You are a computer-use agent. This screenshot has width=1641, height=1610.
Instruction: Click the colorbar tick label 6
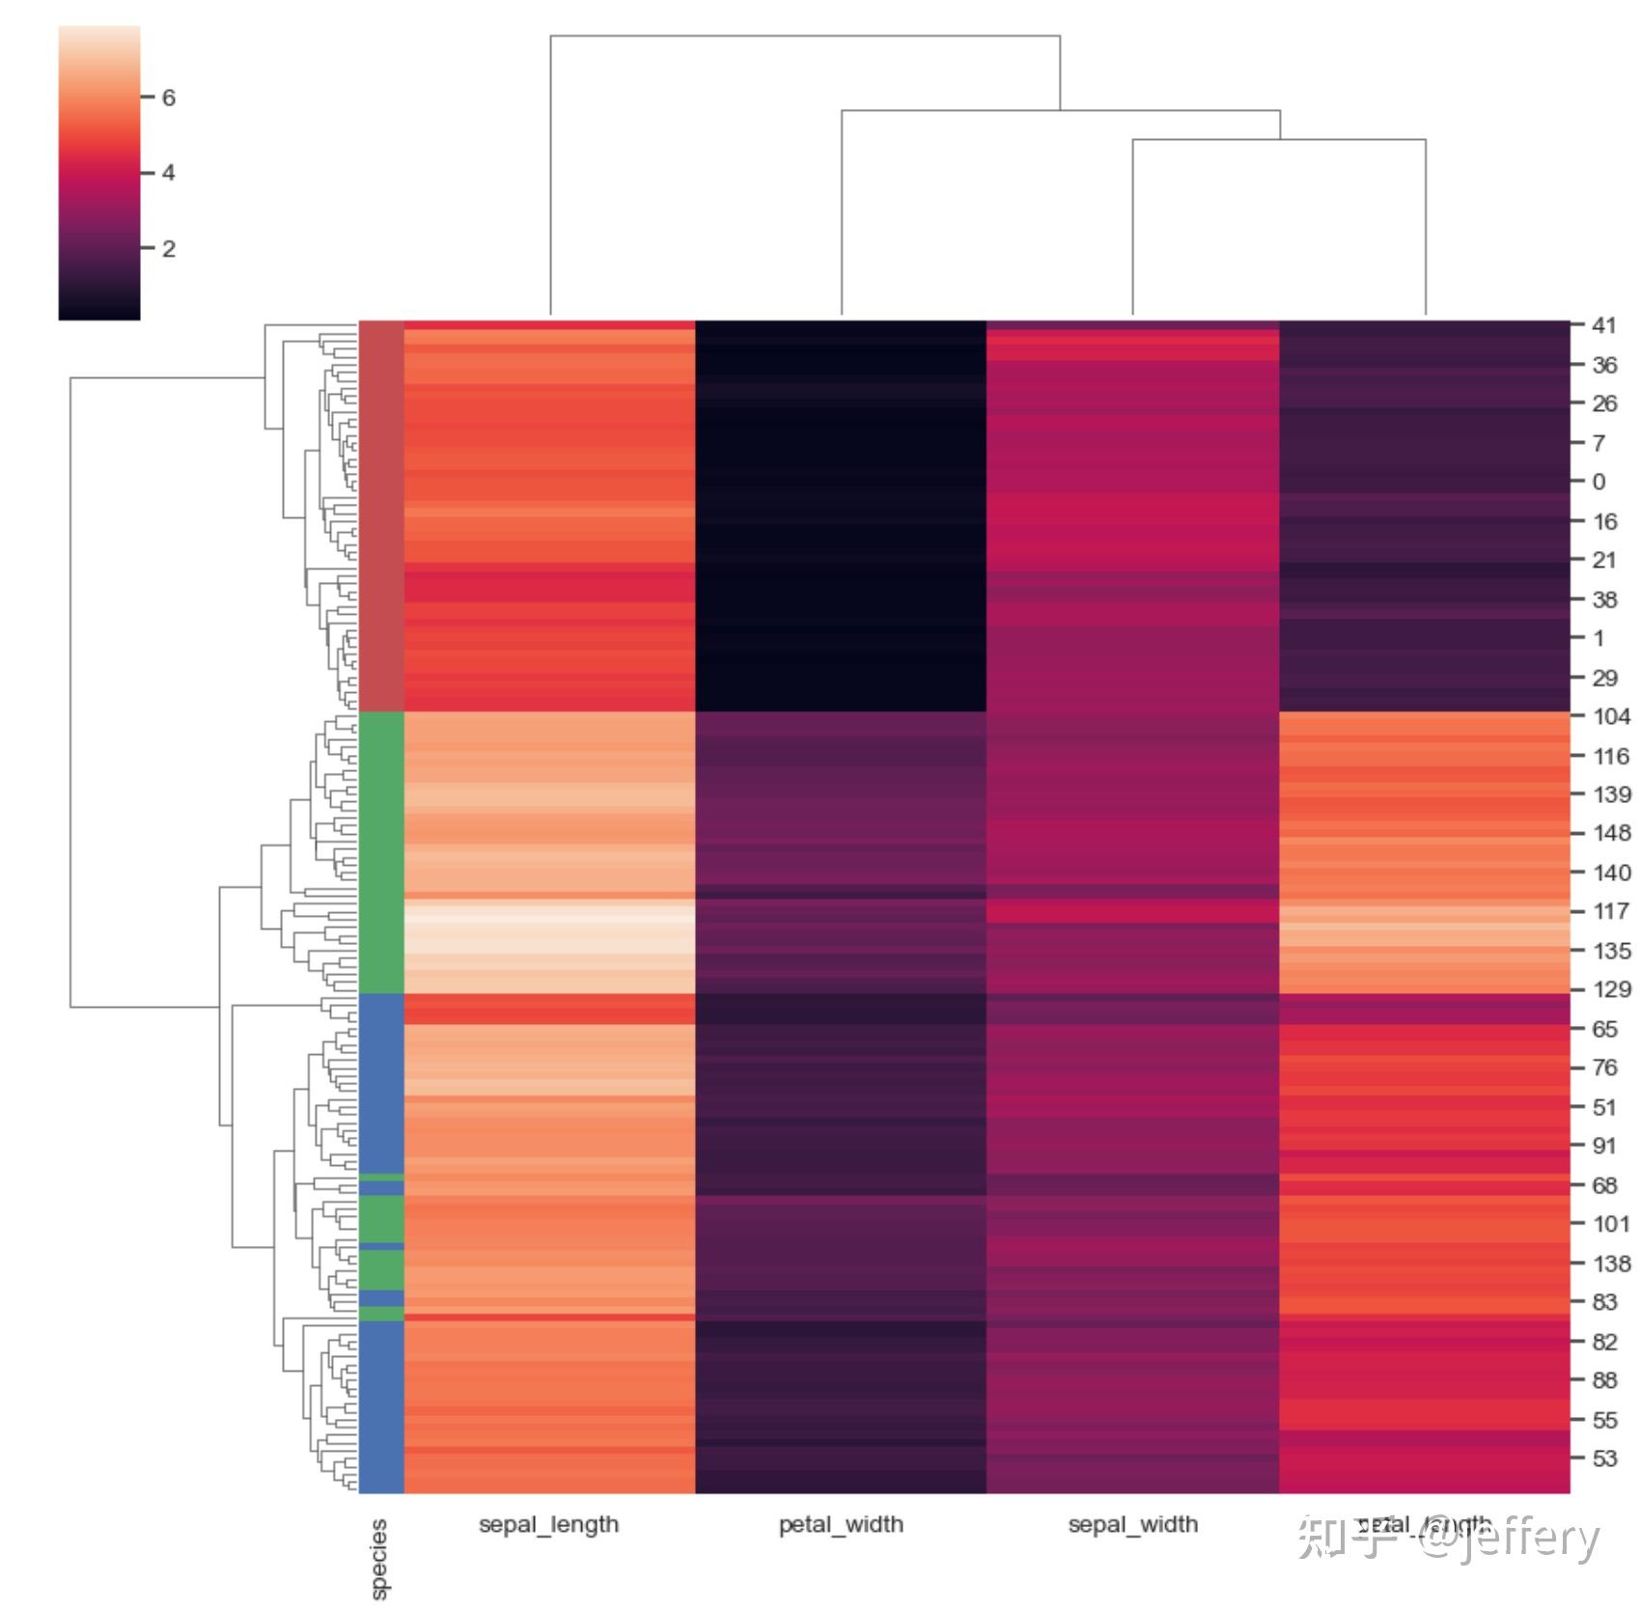point(169,97)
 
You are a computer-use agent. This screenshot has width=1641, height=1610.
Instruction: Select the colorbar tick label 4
point(169,173)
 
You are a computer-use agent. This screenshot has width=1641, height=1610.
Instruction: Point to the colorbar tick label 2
point(169,249)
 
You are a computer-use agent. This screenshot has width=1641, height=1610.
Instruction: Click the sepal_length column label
point(548,1524)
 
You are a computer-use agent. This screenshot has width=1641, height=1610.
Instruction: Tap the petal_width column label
point(841,1524)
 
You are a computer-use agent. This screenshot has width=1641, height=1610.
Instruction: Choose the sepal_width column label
point(1132,1524)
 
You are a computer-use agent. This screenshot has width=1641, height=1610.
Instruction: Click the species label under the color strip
point(379,1558)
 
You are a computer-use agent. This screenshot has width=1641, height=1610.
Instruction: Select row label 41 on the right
point(1603,325)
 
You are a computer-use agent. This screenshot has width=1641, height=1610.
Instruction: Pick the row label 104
point(1611,716)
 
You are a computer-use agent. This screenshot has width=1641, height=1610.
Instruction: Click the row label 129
point(1611,989)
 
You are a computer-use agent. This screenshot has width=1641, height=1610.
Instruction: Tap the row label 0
point(1599,482)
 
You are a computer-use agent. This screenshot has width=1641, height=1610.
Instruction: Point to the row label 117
point(1611,911)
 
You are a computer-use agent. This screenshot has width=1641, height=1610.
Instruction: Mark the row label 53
point(1603,1458)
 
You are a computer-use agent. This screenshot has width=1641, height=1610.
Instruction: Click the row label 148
point(1611,833)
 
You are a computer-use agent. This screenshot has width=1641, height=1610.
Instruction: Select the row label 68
point(1603,1185)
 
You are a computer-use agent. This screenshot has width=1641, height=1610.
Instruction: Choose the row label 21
point(1603,560)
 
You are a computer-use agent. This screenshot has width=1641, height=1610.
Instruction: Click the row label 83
point(1603,1302)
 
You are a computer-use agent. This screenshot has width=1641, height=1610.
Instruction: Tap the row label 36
point(1603,365)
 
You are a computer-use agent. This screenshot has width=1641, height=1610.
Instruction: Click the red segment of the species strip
point(380,516)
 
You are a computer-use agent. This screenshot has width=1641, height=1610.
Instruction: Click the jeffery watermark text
point(1525,1538)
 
